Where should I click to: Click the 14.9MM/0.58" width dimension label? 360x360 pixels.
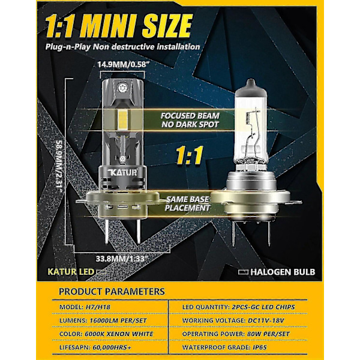coord(122,65)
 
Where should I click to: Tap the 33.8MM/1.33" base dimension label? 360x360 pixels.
coord(121,259)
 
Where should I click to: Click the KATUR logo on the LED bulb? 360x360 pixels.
coord(122,172)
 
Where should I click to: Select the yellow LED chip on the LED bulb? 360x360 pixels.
coord(122,119)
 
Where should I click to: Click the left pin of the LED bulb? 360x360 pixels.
coord(107,230)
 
